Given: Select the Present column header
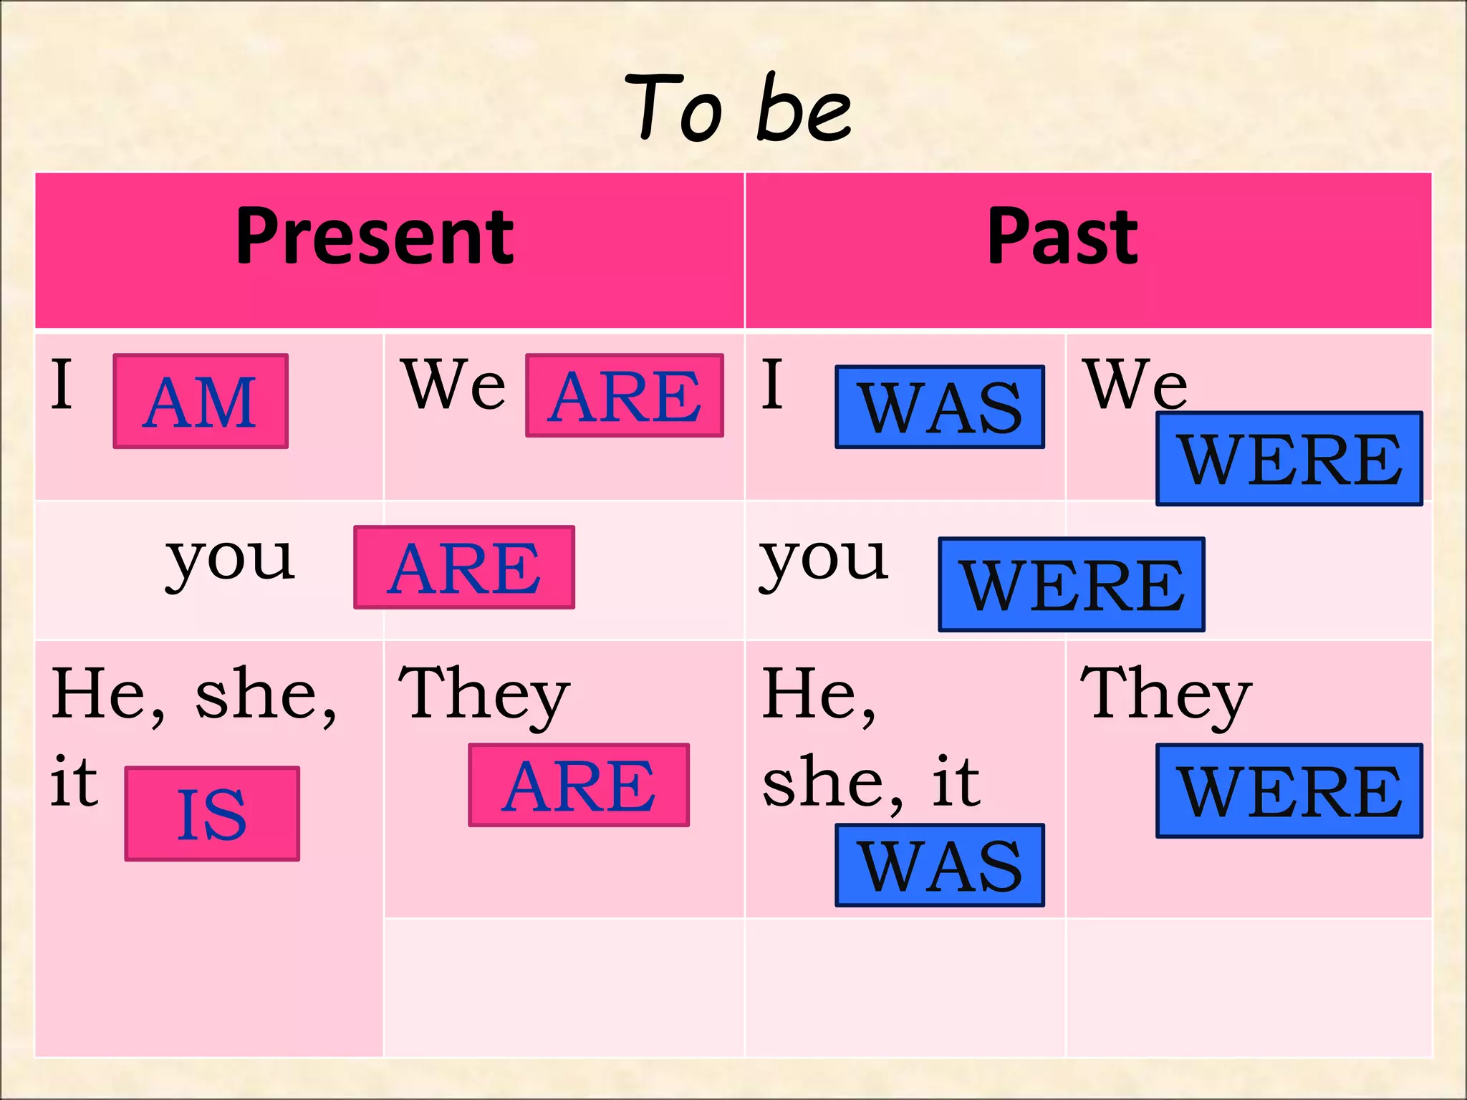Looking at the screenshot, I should (375, 236).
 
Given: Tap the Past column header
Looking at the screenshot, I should (1062, 236).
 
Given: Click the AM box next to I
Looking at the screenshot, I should (201, 401).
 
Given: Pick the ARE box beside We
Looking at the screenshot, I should (625, 395).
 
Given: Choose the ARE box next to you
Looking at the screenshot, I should (464, 567).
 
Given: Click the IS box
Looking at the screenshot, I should (212, 814).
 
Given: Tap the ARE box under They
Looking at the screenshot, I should (579, 785).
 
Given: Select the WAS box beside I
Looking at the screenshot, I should (940, 407).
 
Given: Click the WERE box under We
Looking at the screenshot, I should (1289, 458).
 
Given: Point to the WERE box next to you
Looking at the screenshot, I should (1072, 584).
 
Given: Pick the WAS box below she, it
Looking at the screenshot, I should (940, 865).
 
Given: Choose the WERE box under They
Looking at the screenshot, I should (1289, 791).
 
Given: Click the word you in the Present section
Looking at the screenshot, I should (230, 560).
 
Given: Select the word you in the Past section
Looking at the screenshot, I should (824, 560).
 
